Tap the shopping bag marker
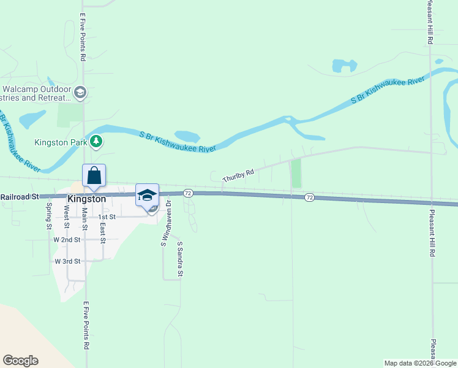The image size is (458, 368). (x=94, y=175)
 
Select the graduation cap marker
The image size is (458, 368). (x=147, y=195)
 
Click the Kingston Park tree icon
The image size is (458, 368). (x=96, y=142)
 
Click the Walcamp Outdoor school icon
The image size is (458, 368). (x=80, y=93)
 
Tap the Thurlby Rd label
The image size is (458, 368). (x=238, y=176)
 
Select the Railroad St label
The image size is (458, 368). (x=20, y=197)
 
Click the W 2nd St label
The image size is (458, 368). (x=67, y=239)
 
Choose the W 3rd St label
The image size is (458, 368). (x=67, y=261)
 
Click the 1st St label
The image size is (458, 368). (x=108, y=217)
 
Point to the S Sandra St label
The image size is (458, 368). (x=180, y=259)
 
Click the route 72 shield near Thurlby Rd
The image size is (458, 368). (x=188, y=193)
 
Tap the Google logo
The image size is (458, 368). (x=20, y=361)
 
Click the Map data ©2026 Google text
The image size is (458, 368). (x=419, y=363)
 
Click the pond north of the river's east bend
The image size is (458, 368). (x=344, y=65)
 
